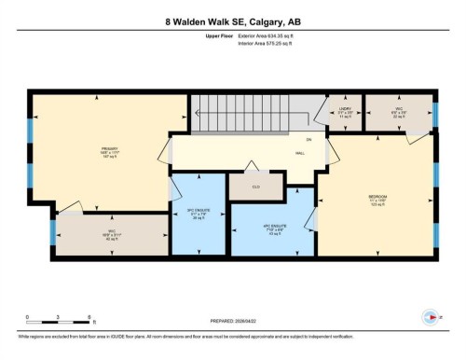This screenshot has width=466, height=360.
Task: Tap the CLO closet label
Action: [x=248, y=186]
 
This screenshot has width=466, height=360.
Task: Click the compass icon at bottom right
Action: [x=429, y=315]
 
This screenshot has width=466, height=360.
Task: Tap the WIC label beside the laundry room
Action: [x=397, y=111]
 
